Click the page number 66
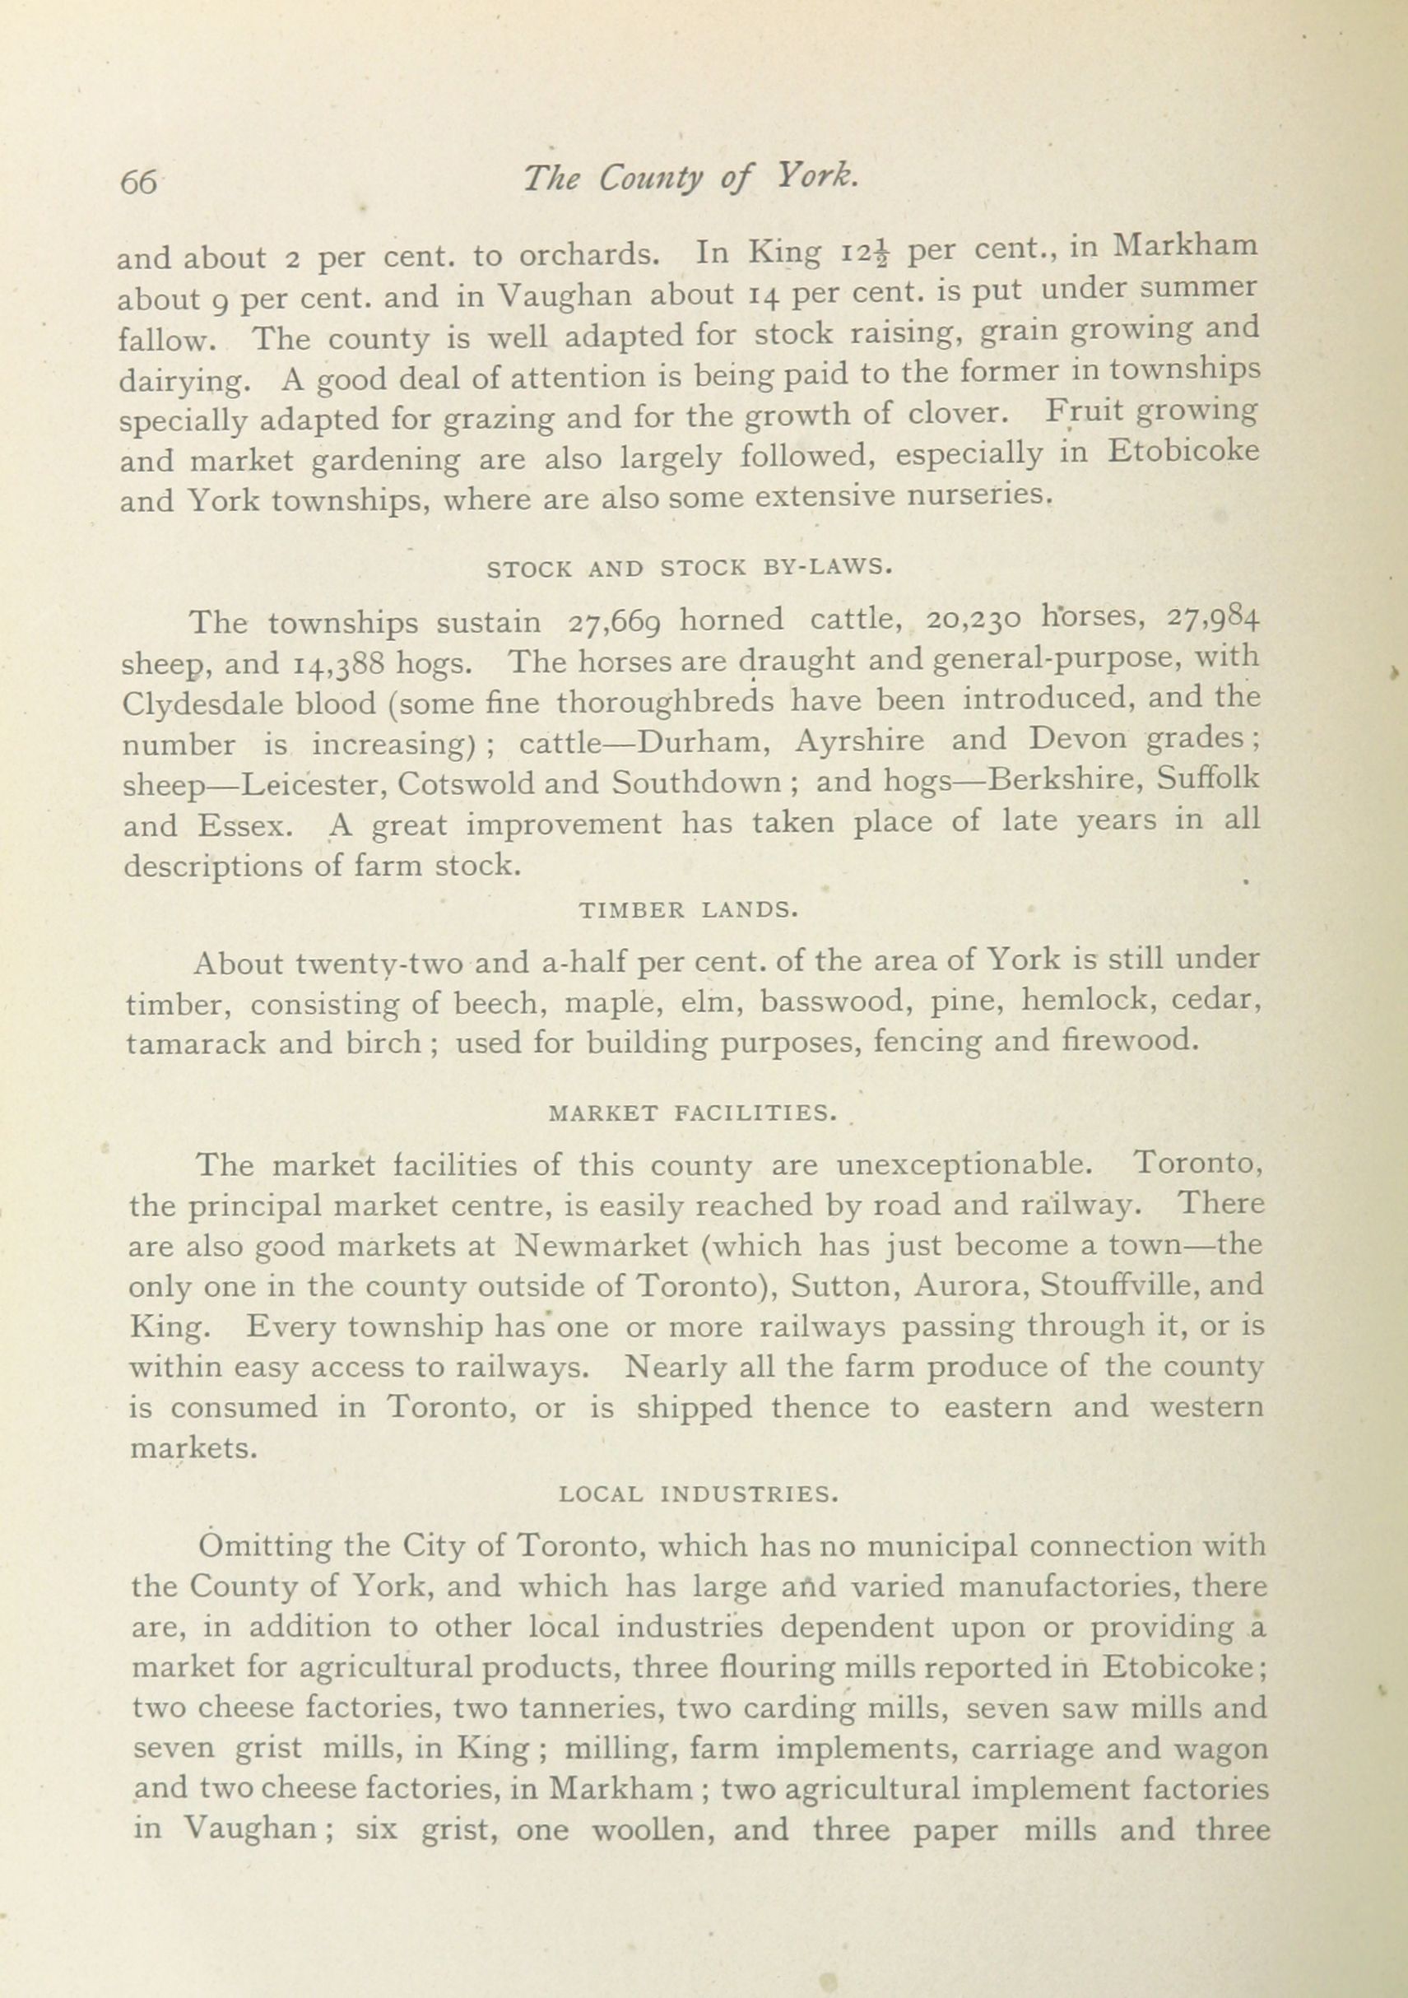tap(138, 182)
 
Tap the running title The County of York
tap(690, 178)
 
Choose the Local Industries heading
tap(699, 1494)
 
